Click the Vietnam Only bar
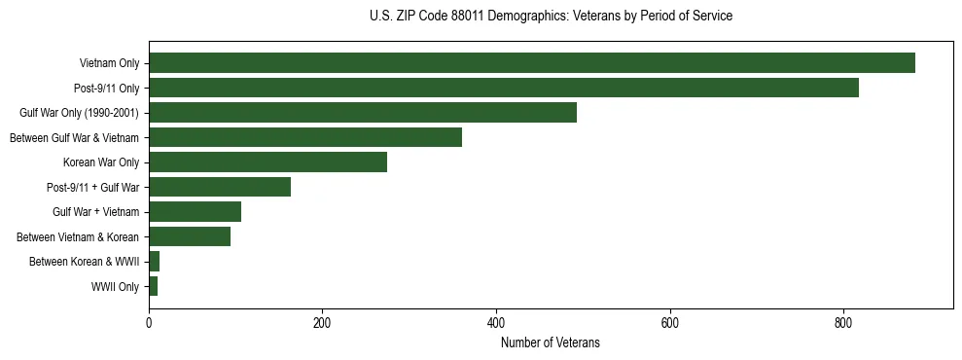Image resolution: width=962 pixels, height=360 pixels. coord(531,63)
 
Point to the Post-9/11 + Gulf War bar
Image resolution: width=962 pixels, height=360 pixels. coord(220,187)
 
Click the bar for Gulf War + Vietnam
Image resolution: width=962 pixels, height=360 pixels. coord(195,212)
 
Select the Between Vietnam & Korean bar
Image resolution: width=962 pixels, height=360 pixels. coord(190,236)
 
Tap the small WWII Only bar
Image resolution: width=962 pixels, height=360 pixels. coord(153,286)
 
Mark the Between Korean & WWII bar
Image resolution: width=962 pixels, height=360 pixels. coord(154,262)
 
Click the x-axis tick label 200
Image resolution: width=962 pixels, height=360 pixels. coord(322,323)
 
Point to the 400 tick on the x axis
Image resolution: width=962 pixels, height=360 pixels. coord(496,323)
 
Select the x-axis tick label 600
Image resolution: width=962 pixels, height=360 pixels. coord(669,323)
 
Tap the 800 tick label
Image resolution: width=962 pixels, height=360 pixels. coord(843,323)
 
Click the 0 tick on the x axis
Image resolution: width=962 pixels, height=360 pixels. coord(149,323)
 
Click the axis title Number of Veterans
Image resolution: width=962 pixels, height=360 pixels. coord(550,343)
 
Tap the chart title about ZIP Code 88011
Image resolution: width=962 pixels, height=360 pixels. coord(551,17)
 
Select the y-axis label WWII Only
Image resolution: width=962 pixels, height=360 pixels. coord(115,287)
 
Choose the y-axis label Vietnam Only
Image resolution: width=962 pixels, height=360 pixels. coord(109,63)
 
